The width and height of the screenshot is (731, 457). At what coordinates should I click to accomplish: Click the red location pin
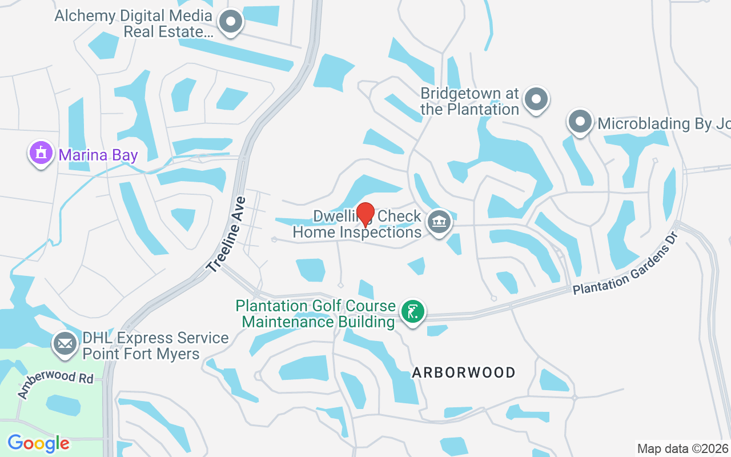(x=365, y=214)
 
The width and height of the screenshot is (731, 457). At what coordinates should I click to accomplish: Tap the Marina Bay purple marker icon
(x=41, y=153)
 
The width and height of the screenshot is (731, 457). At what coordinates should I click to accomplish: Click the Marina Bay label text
(x=98, y=154)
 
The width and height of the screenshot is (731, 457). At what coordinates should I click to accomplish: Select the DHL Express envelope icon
(x=65, y=344)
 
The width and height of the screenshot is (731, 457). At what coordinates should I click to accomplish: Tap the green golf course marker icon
(x=412, y=312)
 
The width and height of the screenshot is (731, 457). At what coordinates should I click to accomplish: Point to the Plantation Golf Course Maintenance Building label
(x=316, y=314)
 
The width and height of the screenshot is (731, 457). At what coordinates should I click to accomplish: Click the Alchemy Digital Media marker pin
(x=231, y=22)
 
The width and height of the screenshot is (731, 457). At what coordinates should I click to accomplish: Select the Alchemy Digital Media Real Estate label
(x=133, y=23)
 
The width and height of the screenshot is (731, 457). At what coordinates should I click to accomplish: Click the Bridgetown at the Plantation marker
(x=536, y=99)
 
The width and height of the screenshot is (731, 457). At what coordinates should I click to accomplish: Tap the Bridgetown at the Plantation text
(x=469, y=101)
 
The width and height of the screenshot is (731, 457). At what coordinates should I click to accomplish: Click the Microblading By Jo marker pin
(x=580, y=122)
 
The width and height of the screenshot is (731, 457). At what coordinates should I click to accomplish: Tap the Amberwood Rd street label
(x=55, y=384)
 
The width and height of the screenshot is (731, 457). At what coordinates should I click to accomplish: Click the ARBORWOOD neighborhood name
(x=464, y=373)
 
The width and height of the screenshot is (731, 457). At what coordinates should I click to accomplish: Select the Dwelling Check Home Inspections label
(x=358, y=224)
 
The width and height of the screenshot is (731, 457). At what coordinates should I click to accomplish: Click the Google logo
(x=38, y=443)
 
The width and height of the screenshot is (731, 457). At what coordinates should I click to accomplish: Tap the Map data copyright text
(x=682, y=448)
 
